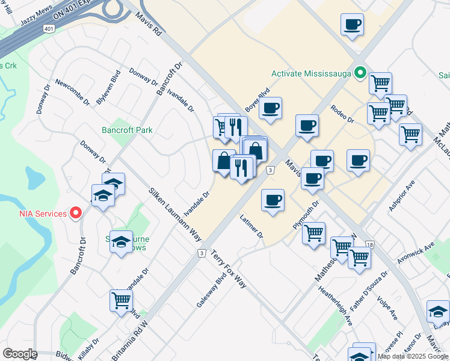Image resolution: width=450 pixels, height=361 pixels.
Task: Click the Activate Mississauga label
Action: (311, 73)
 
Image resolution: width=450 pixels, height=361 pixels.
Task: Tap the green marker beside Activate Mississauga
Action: (360, 73)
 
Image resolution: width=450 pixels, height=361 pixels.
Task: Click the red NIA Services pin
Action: (76, 212)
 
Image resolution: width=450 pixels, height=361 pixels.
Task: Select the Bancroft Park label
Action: (127, 130)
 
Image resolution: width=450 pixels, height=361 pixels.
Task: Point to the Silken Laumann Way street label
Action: (175, 214)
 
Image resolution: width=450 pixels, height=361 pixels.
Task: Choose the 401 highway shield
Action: (49, 28)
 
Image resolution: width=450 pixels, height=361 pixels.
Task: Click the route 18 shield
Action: (369, 244)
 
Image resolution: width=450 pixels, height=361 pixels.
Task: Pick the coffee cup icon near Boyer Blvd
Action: (271, 109)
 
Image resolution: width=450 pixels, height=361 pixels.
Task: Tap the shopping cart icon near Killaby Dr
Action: (121, 300)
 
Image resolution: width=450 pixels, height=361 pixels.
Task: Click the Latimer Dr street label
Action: (251, 226)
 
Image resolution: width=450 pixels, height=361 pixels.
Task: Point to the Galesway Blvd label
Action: (211, 292)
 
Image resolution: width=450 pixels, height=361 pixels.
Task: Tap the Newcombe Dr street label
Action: (72, 92)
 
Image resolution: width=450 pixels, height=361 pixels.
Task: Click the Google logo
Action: (20, 354)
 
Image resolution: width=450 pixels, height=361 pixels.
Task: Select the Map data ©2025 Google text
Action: (413, 356)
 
